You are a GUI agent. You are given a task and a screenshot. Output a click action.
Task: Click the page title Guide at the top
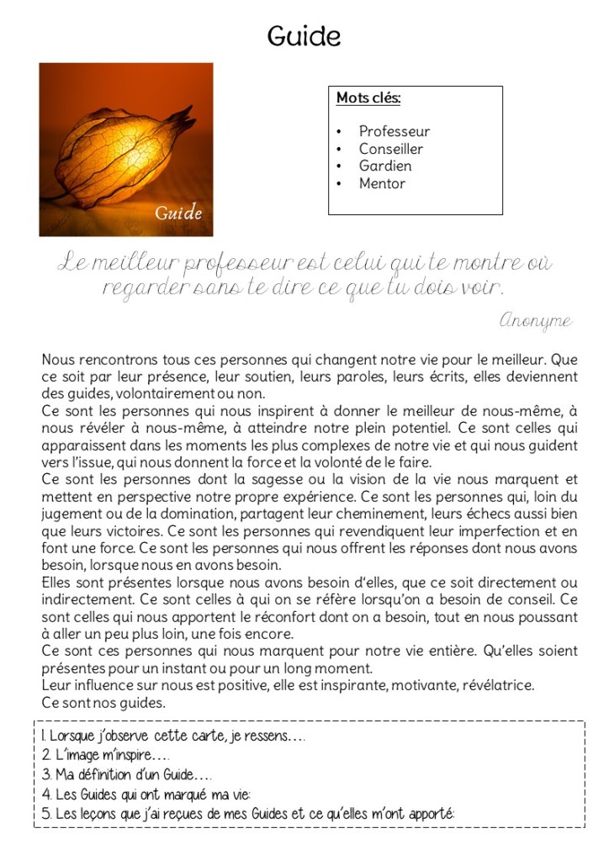[x=304, y=36]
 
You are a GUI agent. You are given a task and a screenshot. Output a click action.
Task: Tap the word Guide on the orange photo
[x=178, y=213]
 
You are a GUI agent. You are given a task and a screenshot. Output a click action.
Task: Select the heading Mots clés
[x=368, y=98]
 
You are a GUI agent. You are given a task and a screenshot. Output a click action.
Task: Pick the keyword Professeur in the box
[x=394, y=131]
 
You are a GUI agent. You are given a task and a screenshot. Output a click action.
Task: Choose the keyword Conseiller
[x=390, y=149]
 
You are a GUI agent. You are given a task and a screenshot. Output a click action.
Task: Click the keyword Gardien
[x=384, y=166]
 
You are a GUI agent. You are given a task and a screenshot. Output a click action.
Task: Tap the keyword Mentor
[x=382, y=183]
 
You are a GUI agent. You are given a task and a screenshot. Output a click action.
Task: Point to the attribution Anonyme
[x=535, y=320]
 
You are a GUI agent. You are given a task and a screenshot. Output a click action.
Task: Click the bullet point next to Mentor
[x=338, y=183]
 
